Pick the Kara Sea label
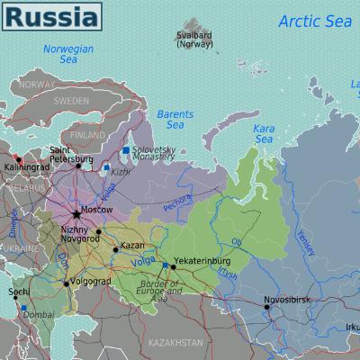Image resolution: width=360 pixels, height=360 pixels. tap(264, 134)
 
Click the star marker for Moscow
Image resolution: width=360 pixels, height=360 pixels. tap(76, 213)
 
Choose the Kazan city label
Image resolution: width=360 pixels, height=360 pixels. tap(131, 245)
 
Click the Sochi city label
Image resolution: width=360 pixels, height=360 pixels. tap(17, 292)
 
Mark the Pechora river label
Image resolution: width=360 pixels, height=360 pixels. tap(178, 202)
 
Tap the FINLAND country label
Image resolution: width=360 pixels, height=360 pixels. tap(87, 135)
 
